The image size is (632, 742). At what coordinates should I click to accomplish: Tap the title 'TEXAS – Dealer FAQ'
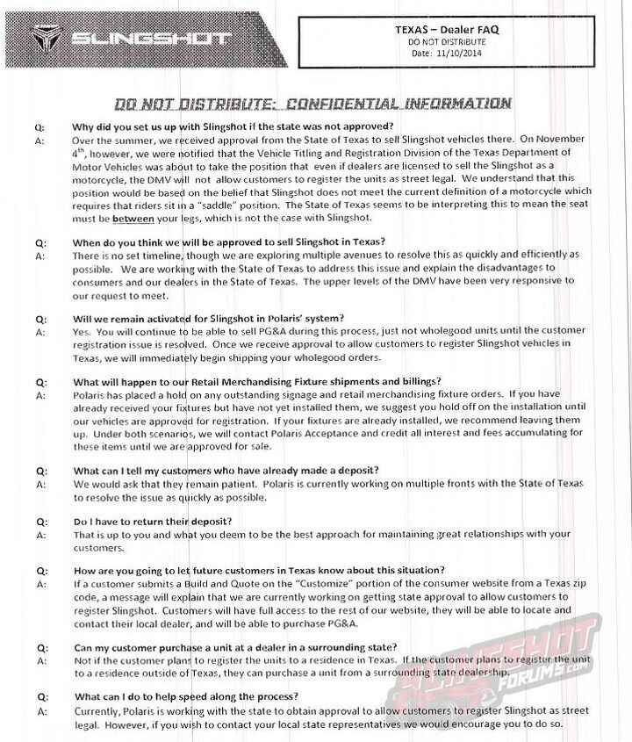[454, 29]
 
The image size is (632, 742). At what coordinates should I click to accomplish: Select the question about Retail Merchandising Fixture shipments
[257, 382]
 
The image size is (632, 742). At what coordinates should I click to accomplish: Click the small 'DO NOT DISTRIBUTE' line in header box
[454, 41]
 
